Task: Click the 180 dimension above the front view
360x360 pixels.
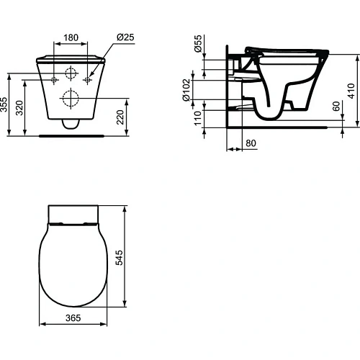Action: [70, 37]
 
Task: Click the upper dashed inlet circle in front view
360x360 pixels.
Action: [71, 73]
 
